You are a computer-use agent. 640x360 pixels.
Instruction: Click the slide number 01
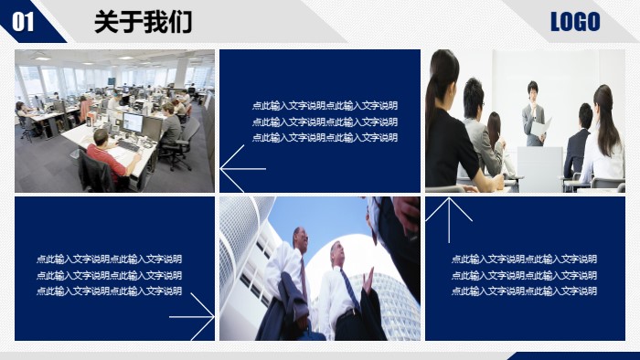click(24, 22)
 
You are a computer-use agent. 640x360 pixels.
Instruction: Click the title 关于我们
click(143, 23)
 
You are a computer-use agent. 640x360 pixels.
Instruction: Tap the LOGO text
click(575, 22)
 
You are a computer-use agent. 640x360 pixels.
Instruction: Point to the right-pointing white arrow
click(192, 317)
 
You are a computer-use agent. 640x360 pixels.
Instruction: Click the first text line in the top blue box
click(325, 105)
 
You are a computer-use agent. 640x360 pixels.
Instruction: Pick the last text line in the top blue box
click(325, 138)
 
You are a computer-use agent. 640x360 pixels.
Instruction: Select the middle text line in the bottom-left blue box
click(109, 275)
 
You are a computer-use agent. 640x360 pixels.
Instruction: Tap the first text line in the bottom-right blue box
click(524, 259)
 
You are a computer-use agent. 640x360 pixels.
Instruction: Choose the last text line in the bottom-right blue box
click(524, 291)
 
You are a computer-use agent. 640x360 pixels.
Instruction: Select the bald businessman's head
click(301, 238)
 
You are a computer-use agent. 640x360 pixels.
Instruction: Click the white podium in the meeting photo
click(539, 164)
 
